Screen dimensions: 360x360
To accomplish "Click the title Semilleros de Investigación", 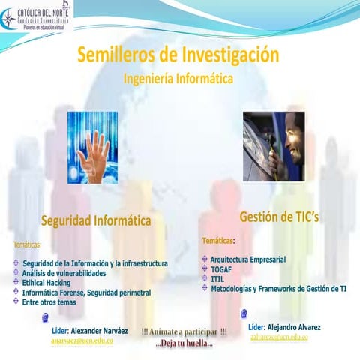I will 178,55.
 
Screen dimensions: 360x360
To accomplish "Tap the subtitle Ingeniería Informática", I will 178,78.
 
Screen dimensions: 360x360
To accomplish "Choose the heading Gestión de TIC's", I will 279,217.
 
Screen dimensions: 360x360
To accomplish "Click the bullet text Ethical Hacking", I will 46,283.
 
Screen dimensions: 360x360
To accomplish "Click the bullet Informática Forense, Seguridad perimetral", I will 87,292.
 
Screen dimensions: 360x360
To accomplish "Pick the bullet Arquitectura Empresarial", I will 248,259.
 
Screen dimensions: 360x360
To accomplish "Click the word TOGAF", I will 221,268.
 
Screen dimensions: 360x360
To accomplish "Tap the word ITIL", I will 217,278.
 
